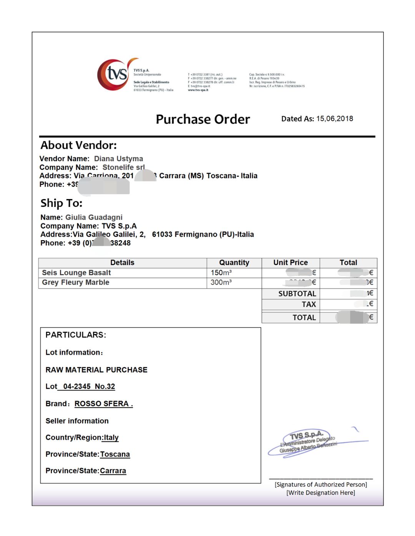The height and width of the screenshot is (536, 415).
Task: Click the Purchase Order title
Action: point(203,119)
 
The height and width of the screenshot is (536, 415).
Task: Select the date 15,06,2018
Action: point(334,119)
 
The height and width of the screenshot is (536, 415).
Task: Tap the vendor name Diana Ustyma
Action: point(118,159)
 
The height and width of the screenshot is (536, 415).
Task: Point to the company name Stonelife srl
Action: point(123,167)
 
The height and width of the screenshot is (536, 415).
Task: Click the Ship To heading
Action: point(61,203)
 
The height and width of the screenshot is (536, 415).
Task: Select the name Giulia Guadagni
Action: point(94,218)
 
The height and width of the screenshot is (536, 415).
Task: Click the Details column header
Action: point(122,263)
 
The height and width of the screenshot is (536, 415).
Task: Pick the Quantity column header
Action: point(234,263)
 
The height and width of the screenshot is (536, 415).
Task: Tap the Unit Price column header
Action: point(290,263)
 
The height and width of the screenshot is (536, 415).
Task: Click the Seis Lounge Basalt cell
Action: point(76,273)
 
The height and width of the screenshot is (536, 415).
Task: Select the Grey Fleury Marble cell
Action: point(76,283)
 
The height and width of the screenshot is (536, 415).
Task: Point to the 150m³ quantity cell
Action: point(221,273)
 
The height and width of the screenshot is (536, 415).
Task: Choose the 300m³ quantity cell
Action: point(221,283)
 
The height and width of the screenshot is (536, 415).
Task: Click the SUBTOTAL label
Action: point(297,294)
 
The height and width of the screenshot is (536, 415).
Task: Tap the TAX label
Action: point(309,305)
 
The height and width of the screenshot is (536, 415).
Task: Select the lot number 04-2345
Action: point(77,387)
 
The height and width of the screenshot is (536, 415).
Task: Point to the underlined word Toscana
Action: point(115,455)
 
